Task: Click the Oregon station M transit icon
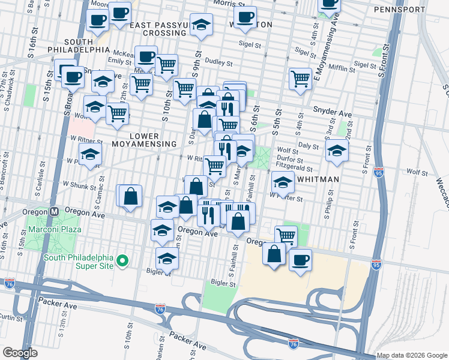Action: [54, 211]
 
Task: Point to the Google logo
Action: [20, 353]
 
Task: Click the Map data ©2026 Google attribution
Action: [412, 355]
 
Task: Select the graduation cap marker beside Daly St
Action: [337, 151]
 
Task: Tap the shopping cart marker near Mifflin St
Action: [300, 79]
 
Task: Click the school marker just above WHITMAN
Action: [282, 182]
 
